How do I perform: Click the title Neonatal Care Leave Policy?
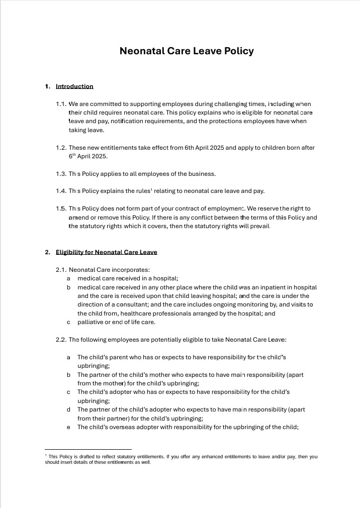click(187, 51)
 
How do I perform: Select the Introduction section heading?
click(74, 86)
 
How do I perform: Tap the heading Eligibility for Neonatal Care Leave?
click(106, 252)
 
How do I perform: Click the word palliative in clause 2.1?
click(91, 322)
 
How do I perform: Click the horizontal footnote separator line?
click(88, 449)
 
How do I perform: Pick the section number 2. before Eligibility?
click(48, 252)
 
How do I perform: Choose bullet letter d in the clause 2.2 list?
click(68, 410)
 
